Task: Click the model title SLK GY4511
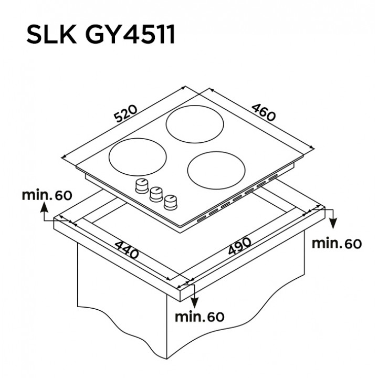(100, 35)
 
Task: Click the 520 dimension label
(125, 113)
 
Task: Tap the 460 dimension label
(263, 112)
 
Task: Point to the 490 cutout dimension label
(239, 246)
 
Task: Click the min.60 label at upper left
(47, 195)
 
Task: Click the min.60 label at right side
(337, 244)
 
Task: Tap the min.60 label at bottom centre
(199, 317)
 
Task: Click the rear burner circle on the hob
(195, 124)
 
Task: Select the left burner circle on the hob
(138, 157)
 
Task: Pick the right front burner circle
(216, 171)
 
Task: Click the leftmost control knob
(142, 186)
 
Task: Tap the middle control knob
(156, 194)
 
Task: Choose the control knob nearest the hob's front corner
(171, 202)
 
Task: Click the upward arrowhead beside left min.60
(44, 207)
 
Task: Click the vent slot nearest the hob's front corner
(202, 219)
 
